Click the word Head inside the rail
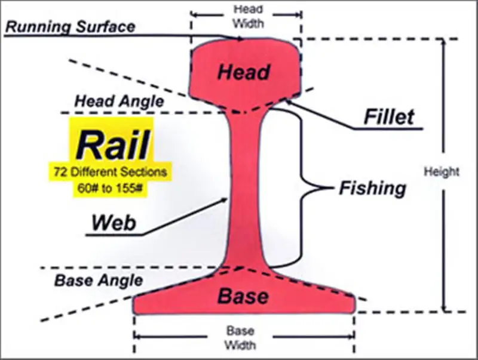coord(243,72)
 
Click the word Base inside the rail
coord(243,296)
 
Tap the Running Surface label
coord(71,26)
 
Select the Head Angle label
coord(119,101)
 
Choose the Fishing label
coord(372,189)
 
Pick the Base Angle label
coord(99,279)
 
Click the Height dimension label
coord(442,172)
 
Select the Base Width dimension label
coord(241,338)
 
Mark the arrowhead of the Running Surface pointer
coord(241,39)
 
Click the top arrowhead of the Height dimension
coord(443,43)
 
